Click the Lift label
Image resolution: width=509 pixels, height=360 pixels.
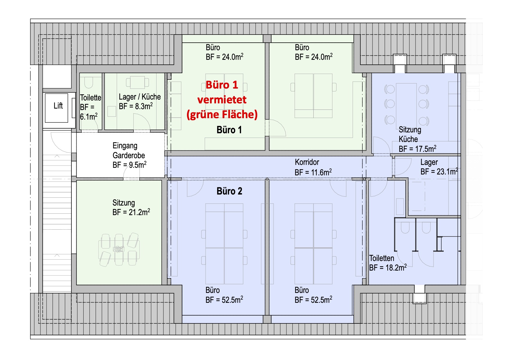pyautogui.click(x=58, y=106)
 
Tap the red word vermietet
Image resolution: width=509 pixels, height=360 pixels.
pyautogui.click(x=222, y=100)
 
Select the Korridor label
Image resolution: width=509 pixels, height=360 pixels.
pyautogui.click(x=307, y=162)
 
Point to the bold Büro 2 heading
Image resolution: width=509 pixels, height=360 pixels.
pyautogui.click(x=229, y=191)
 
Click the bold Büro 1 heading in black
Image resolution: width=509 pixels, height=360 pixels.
pyautogui.click(x=229, y=130)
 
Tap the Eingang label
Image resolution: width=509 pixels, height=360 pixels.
pyautogui.click(x=125, y=146)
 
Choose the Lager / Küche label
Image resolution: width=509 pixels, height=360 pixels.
pyautogui.click(x=140, y=97)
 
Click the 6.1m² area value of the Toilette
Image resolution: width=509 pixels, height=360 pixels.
pyautogui.click(x=89, y=116)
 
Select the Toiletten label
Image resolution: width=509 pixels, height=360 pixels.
pyautogui.click(x=382, y=258)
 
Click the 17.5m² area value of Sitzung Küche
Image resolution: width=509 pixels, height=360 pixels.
pyautogui.click(x=426, y=149)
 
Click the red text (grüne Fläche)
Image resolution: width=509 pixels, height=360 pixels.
pyautogui.click(x=222, y=114)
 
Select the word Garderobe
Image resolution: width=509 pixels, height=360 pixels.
pyautogui.click(x=129, y=155)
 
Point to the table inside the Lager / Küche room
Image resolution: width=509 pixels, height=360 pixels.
pyautogui.click(x=137, y=82)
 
